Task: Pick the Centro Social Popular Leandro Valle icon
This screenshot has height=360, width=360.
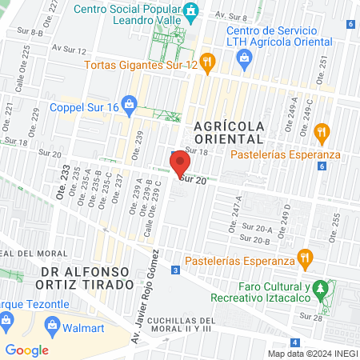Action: (x=191, y=10)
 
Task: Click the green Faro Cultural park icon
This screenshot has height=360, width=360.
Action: (x=321, y=287)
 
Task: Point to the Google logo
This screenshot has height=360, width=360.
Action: (x=26, y=350)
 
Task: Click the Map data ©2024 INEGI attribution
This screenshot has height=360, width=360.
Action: (x=311, y=353)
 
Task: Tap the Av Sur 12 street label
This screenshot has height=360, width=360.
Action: (x=70, y=48)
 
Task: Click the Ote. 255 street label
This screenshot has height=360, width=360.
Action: (x=335, y=222)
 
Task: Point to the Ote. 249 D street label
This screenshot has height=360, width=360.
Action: (x=286, y=217)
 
